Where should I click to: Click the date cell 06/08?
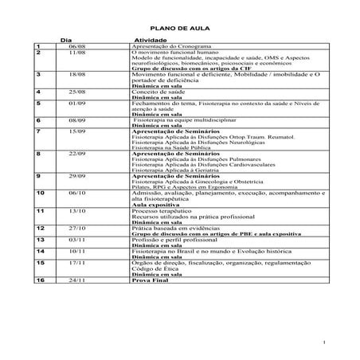tap(77, 46)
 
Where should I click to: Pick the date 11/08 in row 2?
tap(77, 52)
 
